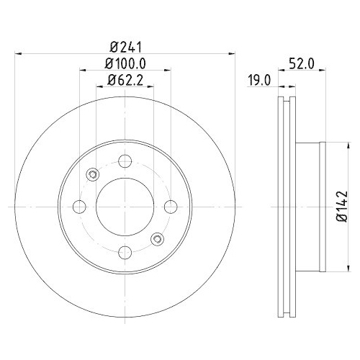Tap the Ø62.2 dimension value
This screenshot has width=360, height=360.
click(124, 79)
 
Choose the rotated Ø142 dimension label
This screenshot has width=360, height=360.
click(341, 207)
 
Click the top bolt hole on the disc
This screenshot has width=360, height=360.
click(124, 161)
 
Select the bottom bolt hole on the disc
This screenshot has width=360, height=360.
click(124, 251)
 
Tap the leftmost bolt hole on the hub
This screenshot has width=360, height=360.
click(78, 207)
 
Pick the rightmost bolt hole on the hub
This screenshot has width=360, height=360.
click(170, 207)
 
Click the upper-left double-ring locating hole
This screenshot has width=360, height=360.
click(91, 174)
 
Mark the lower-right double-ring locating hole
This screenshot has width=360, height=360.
click(156, 238)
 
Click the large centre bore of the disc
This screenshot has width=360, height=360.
click(124, 207)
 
